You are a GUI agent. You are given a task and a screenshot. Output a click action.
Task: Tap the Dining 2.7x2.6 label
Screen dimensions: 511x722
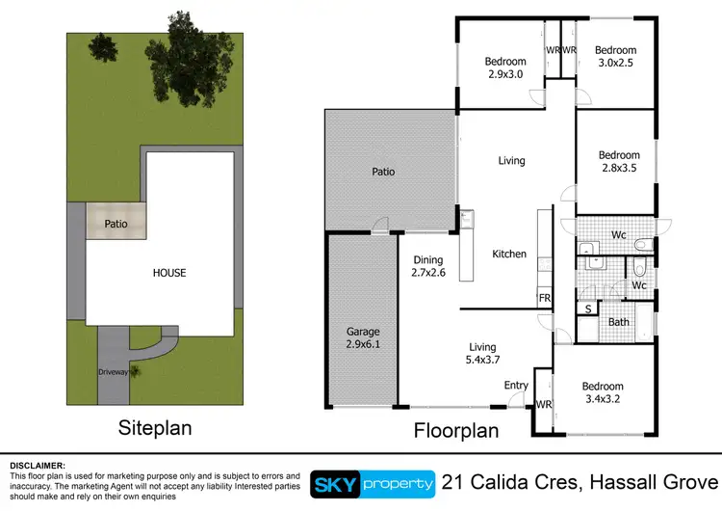tap(427, 265)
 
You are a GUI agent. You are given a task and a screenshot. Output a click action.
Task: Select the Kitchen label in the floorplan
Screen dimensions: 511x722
tap(509, 255)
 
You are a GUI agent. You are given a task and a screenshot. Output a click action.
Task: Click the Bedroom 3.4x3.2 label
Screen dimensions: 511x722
tap(605, 392)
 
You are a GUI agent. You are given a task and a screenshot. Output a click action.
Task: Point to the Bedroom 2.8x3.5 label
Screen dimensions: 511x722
tap(618, 161)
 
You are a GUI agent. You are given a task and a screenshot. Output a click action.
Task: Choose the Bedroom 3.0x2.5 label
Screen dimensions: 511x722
tap(614, 57)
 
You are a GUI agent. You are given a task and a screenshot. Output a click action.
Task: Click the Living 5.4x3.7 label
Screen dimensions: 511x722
tap(481, 354)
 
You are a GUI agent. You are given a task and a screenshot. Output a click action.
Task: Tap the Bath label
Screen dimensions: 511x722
tap(618, 322)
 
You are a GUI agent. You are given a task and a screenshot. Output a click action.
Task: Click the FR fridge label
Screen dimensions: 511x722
tap(544, 299)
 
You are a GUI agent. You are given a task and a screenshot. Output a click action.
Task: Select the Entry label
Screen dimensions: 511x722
tap(516, 386)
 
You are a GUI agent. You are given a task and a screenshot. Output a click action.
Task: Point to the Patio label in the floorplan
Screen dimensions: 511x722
tap(383, 173)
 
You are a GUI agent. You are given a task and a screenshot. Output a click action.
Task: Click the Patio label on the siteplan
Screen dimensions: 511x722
tap(116, 223)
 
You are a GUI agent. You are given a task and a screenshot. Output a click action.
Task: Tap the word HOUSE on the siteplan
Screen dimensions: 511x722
tap(168, 273)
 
